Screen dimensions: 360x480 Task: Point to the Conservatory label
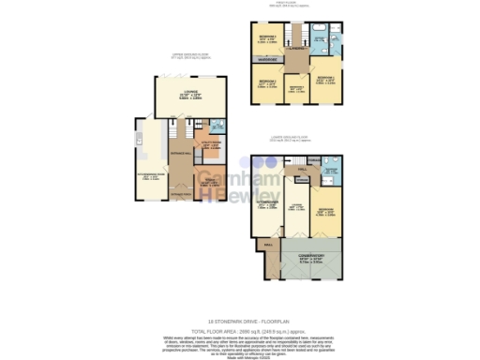point(310,256)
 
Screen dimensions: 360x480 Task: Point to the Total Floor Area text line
point(239,331)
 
